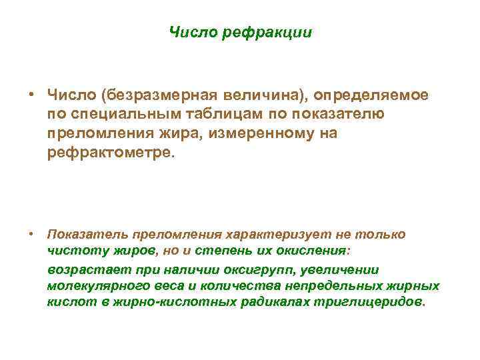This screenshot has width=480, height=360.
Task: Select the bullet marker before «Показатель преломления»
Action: click(x=31, y=235)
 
